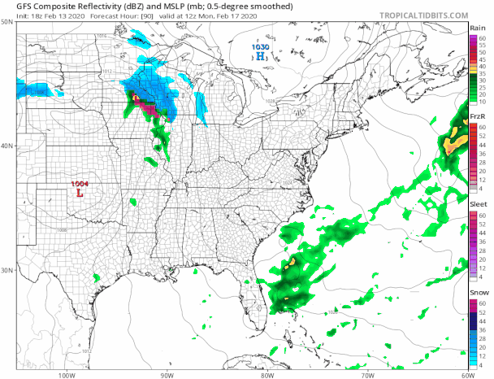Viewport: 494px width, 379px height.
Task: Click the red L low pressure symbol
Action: [79, 194]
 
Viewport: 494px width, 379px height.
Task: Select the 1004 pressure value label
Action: [80, 184]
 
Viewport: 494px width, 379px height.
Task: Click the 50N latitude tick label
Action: [7, 22]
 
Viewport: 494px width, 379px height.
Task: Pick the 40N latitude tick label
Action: [7, 146]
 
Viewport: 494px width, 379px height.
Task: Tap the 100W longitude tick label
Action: [67, 375]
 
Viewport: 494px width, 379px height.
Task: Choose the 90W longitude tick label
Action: [167, 375]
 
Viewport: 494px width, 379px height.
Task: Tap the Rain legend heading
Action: [478, 28]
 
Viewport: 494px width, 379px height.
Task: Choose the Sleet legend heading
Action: [478, 206]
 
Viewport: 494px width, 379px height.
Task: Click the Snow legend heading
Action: [478, 293]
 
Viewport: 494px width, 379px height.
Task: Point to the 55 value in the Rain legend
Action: [482, 45]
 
